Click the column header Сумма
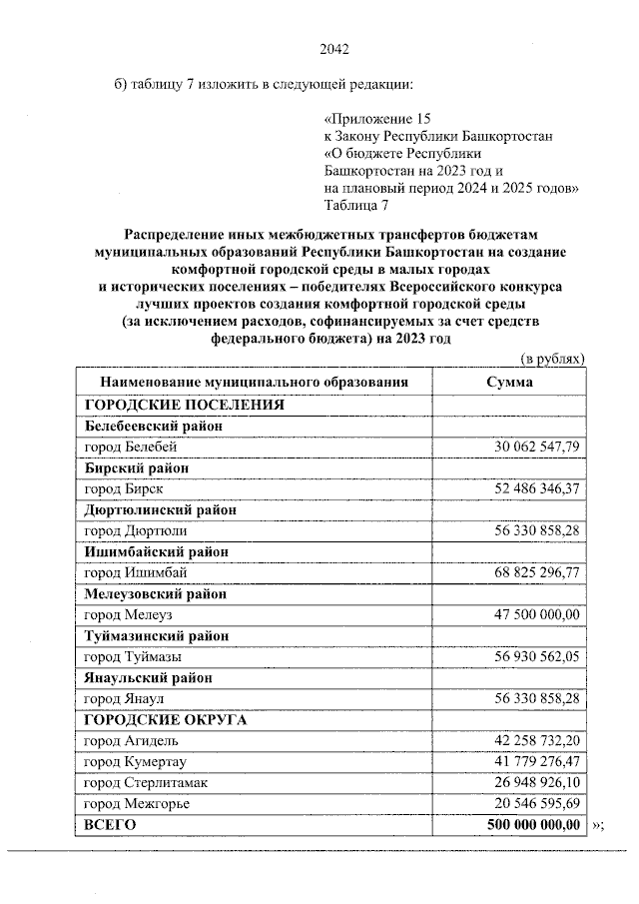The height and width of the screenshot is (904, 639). [x=509, y=383]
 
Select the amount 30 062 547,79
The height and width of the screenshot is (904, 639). [x=537, y=447]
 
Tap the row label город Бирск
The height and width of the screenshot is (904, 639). [x=124, y=488]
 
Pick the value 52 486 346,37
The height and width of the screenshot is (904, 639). [x=537, y=488]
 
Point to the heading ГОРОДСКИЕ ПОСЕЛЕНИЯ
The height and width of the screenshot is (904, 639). [x=185, y=405]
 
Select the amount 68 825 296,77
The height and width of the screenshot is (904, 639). [x=537, y=572]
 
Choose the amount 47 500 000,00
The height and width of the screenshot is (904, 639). [x=537, y=614]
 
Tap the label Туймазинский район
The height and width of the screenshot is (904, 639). [x=157, y=635]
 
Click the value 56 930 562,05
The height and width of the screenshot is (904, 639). [x=537, y=656]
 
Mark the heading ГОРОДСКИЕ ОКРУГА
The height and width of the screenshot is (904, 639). [x=166, y=719]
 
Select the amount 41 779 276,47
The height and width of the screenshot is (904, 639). [x=537, y=761]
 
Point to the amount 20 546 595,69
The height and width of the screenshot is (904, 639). [x=537, y=803]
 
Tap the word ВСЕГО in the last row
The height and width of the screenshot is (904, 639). [x=110, y=825]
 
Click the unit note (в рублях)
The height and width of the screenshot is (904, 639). [x=552, y=359]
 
